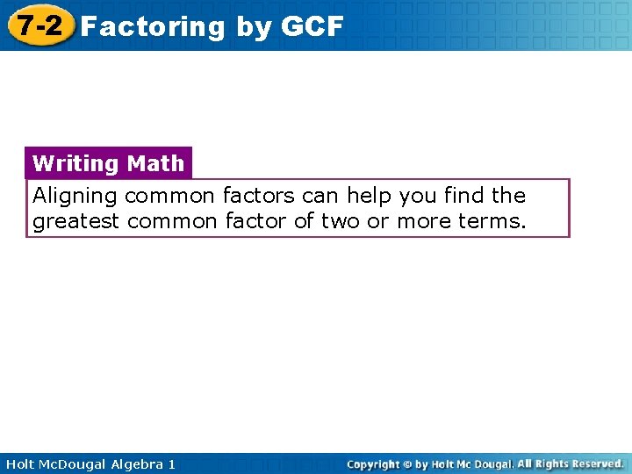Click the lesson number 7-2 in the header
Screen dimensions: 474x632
(37, 25)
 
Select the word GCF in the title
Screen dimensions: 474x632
(312, 27)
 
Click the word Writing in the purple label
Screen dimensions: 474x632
(75, 163)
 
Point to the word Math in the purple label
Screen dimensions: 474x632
(155, 163)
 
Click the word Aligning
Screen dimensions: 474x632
(75, 195)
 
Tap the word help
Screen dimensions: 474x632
(372, 195)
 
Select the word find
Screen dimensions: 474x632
(464, 195)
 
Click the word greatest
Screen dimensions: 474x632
(75, 221)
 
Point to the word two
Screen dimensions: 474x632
(340, 221)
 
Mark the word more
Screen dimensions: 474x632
(425, 221)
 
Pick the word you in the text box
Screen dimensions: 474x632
(420, 195)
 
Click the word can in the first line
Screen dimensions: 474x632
(320, 195)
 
